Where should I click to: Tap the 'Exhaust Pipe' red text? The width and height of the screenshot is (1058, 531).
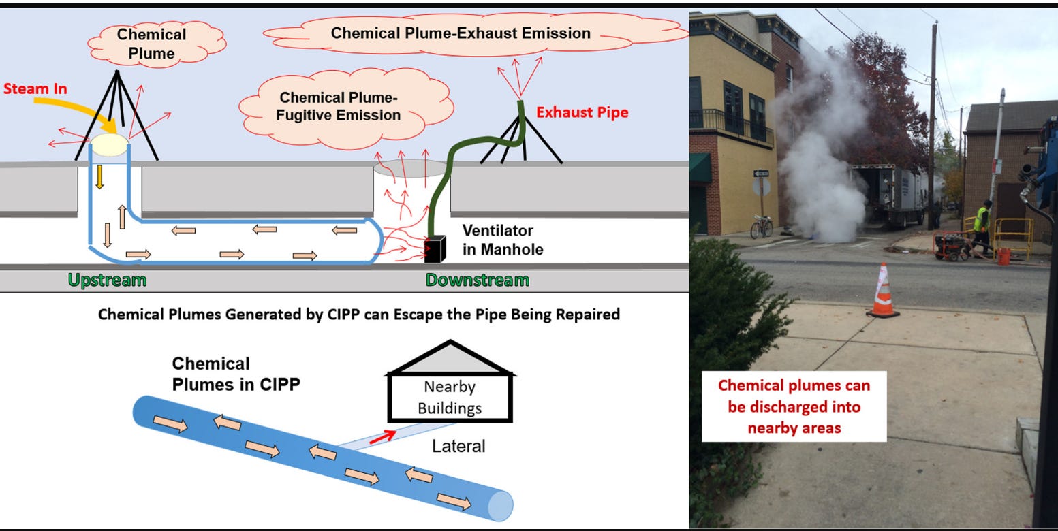coord(582,112)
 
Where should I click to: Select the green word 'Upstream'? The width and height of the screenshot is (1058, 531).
coord(107,280)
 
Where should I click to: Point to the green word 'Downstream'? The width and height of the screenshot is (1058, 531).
coord(477,280)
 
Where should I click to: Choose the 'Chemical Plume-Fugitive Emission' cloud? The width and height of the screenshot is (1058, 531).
coord(339,108)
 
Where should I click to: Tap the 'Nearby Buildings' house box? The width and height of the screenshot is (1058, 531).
coord(449,398)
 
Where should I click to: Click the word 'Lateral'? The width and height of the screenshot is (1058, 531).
coord(458,447)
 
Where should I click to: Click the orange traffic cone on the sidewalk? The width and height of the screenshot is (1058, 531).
coord(883,291)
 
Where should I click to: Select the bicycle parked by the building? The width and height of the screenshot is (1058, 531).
coord(762,226)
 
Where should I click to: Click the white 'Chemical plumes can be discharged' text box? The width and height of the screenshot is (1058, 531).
coord(794,406)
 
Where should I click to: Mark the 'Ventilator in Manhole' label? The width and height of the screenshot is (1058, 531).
coord(503,240)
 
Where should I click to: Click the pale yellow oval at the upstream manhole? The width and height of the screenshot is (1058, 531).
coord(109,145)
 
